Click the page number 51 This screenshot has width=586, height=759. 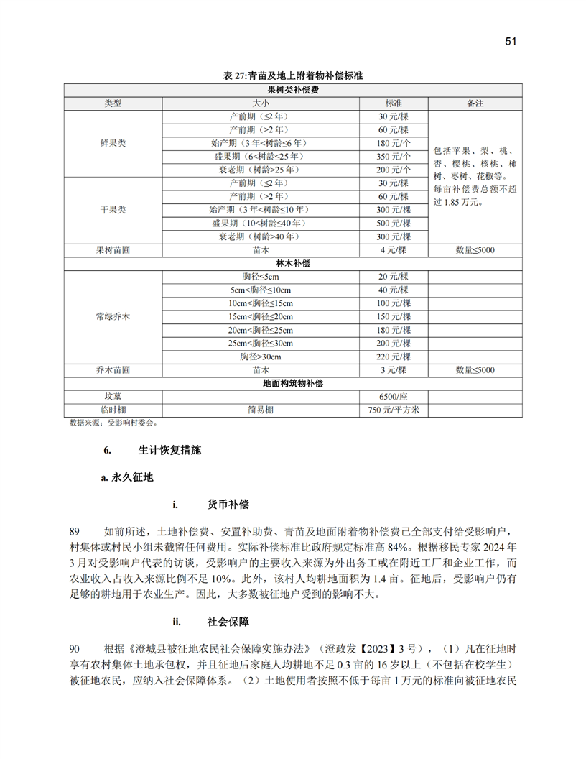[x=511, y=42]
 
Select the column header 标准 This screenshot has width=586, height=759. [x=393, y=103]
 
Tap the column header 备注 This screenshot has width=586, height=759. [x=475, y=103]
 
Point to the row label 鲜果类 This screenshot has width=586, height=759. [x=113, y=143]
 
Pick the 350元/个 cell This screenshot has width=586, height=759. [x=393, y=156]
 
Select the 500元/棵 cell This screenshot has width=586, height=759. [x=393, y=224]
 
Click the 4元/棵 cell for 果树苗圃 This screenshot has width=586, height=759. [x=393, y=250]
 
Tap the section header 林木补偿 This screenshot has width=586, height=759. [x=292, y=264]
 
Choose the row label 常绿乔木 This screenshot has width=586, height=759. [x=113, y=316]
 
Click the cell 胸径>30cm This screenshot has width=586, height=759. [x=260, y=356]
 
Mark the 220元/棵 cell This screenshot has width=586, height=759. [x=393, y=356]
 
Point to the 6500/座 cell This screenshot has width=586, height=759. [x=393, y=397]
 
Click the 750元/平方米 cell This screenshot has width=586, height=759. [x=393, y=410]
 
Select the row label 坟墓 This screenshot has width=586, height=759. [x=113, y=397]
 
